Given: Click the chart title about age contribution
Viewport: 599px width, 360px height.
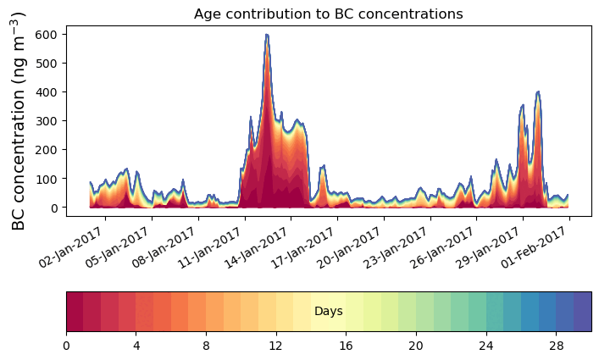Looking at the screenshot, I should tap(328, 14).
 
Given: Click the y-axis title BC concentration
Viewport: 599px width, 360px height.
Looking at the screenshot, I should tap(19, 120).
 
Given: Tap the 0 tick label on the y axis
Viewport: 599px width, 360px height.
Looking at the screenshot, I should tap(53, 208).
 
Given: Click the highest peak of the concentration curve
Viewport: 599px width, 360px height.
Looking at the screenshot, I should tap(267, 36).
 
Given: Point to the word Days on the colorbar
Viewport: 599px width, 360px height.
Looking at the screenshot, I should tap(328, 312).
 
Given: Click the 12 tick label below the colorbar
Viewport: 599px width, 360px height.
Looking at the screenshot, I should tap(276, 346).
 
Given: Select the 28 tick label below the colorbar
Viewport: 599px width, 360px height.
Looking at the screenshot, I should tap(556, 346).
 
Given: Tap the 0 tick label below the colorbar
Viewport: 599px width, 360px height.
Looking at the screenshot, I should tap(66, 346).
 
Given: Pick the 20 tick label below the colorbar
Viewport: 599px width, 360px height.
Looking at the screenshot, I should tap(416, 346).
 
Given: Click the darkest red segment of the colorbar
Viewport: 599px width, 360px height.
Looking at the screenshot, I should tap(75, 312).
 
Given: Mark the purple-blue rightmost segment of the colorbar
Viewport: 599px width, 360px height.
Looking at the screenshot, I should tap(582, 312).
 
